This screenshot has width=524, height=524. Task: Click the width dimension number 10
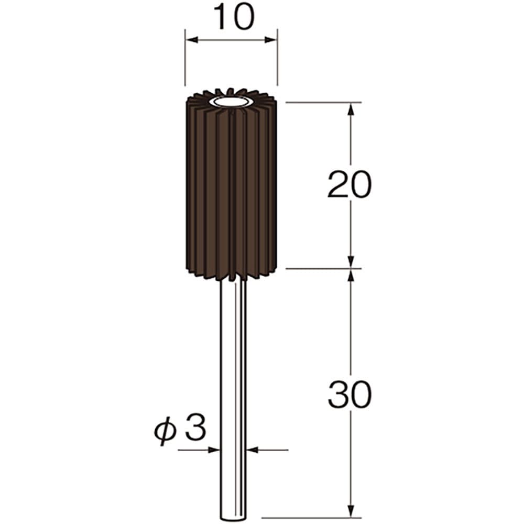tap(234, 17)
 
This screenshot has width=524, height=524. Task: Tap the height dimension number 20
tap(350, 184)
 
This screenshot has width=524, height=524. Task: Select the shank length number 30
tap(350, 395)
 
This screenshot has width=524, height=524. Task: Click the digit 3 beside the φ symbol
tap(195, 428)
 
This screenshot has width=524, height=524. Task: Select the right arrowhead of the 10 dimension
tap(271, 40)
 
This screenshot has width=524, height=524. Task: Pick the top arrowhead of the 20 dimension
tap(351, 109)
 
